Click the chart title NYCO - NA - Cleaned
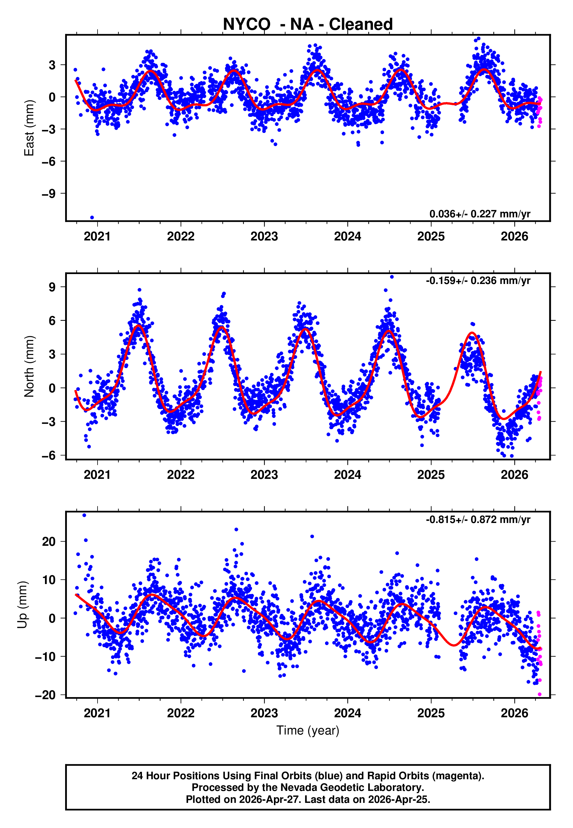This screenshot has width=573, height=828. tap(308, 25)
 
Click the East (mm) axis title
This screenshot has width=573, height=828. tap(29, 128)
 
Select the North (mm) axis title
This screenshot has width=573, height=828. tap(29, 366)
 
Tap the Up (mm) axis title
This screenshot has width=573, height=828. tap(22, 605)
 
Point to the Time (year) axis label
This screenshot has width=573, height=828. tap(308, 730)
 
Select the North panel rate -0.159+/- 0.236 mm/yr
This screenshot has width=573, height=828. tap(478, 280)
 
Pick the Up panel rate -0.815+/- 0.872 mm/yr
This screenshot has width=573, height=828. tap(478, 519)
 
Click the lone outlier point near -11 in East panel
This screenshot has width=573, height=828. tap(92, 218)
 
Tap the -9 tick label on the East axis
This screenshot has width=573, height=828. tap(48, 193)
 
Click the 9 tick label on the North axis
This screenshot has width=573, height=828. tap(52, 287)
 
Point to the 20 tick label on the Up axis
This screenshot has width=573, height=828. tap(48, 541)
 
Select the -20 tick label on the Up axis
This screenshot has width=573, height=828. tap(45, 695)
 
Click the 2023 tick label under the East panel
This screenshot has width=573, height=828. tap(264, 237)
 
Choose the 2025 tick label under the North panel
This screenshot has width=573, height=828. tap(431, 475)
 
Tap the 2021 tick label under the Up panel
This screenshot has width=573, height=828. tap(97, 713)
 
